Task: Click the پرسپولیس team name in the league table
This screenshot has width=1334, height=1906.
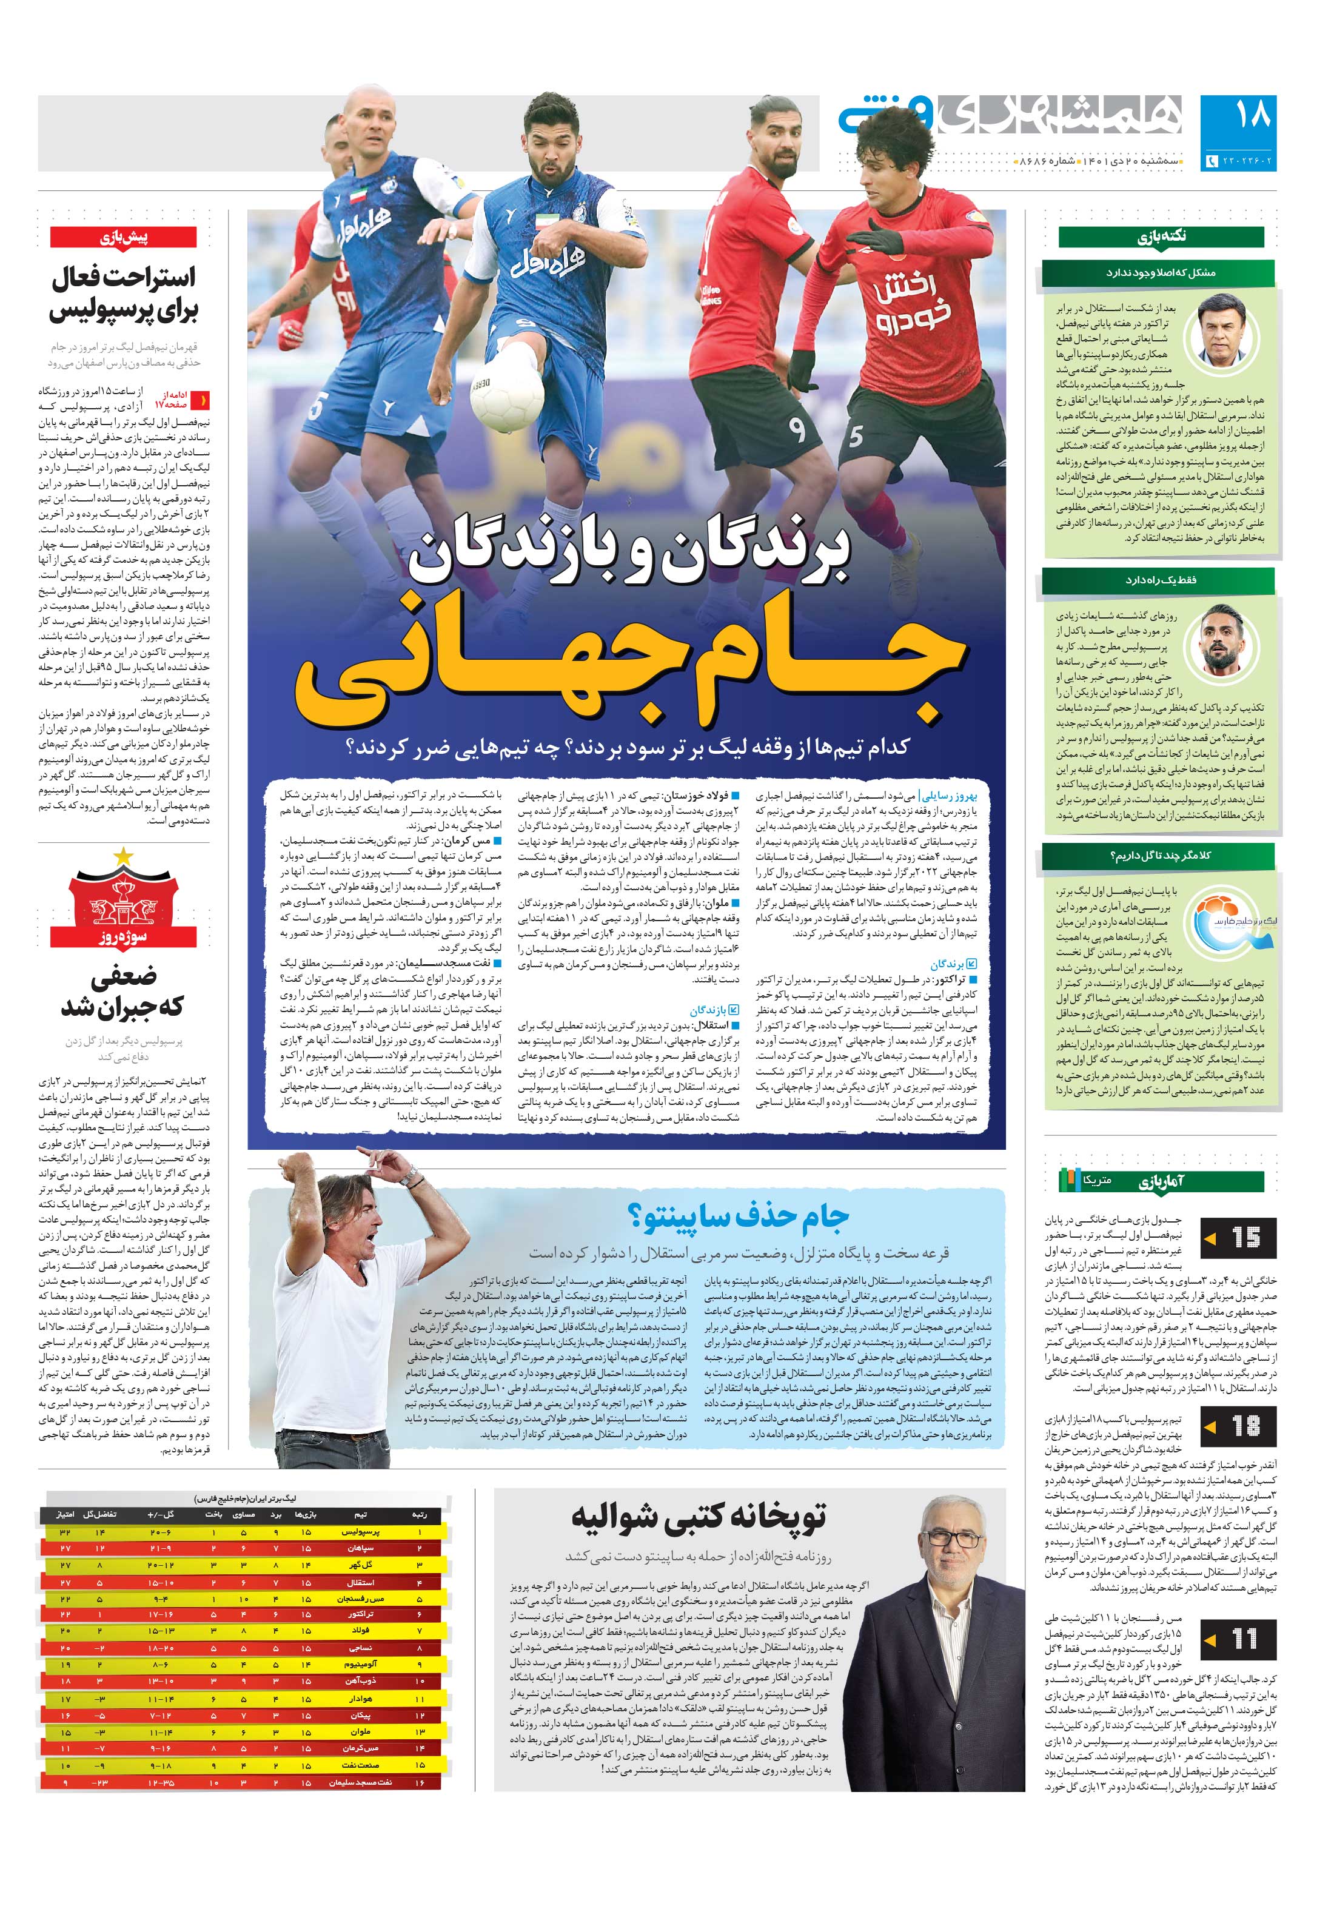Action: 361,1533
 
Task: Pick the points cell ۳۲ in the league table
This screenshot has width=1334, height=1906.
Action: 65,1533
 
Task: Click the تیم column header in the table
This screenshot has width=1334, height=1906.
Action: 361,1515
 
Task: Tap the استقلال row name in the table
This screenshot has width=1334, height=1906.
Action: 361,1582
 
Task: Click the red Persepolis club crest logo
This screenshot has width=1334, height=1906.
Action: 123,893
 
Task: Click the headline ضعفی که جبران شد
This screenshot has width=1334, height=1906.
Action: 123,992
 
